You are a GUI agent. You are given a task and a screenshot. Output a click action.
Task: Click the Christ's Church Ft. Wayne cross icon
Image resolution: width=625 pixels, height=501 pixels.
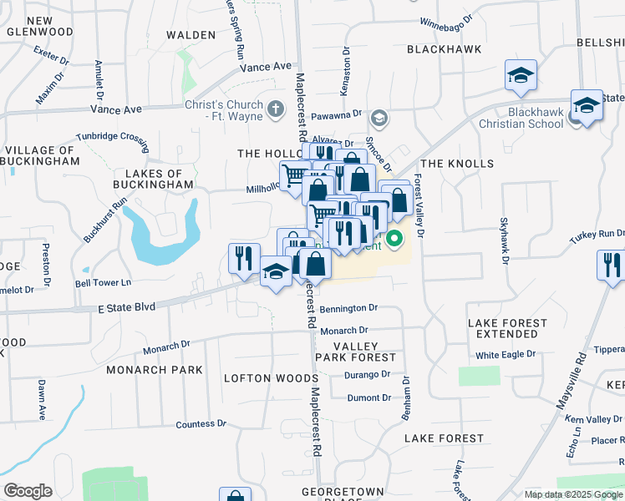(x=276, y=109)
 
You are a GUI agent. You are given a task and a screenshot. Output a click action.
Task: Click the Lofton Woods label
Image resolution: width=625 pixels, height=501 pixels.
(x=260, y=378)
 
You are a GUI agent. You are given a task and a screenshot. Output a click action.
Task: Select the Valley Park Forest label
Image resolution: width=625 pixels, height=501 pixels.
(x=355, y=352)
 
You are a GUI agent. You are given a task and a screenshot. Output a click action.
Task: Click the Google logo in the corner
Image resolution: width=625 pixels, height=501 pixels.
(x=28, y=491)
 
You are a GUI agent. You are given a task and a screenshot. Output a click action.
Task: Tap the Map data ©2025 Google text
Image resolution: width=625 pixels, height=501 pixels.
(x=573, y=494)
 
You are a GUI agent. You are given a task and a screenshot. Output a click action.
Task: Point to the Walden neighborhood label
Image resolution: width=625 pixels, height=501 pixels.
(x=191, y=35)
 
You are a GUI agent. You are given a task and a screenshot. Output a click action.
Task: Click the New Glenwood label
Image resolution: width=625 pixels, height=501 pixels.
(x=38, y=26)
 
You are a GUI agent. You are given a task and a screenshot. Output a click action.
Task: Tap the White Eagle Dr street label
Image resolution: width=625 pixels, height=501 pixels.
(x=506, y=354)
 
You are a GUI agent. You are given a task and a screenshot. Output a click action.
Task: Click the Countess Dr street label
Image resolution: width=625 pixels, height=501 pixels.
(x=201, y=424)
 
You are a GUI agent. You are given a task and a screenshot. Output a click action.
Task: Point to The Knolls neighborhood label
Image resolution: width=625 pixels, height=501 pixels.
(x=457, y=164)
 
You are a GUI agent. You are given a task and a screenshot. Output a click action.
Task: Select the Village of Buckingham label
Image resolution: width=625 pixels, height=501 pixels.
(x=42, y=155)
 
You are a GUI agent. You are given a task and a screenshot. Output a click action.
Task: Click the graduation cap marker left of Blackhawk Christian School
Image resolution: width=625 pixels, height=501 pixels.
(x=520, y=77)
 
